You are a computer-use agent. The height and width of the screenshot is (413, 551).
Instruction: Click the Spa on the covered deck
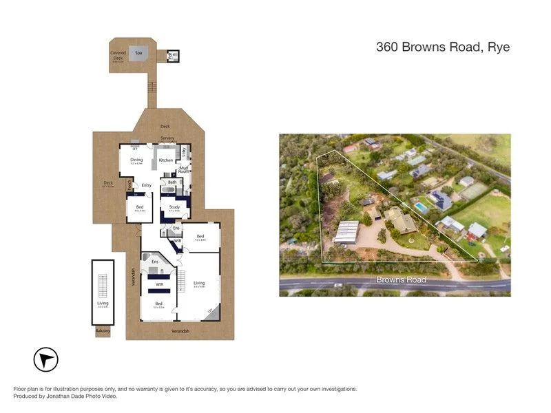(x=138, y=53)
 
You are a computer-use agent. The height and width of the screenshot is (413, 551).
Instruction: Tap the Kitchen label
(x=166, y=160)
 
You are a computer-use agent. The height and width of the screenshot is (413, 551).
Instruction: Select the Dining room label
(x=136, y=160)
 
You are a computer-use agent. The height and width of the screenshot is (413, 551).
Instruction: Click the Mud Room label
(x=184, y=169)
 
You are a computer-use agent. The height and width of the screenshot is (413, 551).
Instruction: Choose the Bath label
(x=171, y=182)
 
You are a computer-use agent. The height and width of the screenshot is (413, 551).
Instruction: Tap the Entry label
(x=146, y=185)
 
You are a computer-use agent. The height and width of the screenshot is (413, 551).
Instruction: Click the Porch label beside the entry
(x=130, y=184)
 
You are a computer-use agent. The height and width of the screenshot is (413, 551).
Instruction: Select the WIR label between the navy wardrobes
(x=158, y=284)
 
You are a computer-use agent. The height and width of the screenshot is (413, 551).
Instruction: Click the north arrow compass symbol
(x=46, y=359)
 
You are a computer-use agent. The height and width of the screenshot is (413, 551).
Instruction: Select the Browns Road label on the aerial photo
(x=401, y=280)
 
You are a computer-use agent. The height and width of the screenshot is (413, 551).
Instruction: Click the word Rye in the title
(x=498, y=47)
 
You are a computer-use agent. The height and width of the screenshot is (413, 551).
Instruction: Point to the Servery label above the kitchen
(x=167, y=138)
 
